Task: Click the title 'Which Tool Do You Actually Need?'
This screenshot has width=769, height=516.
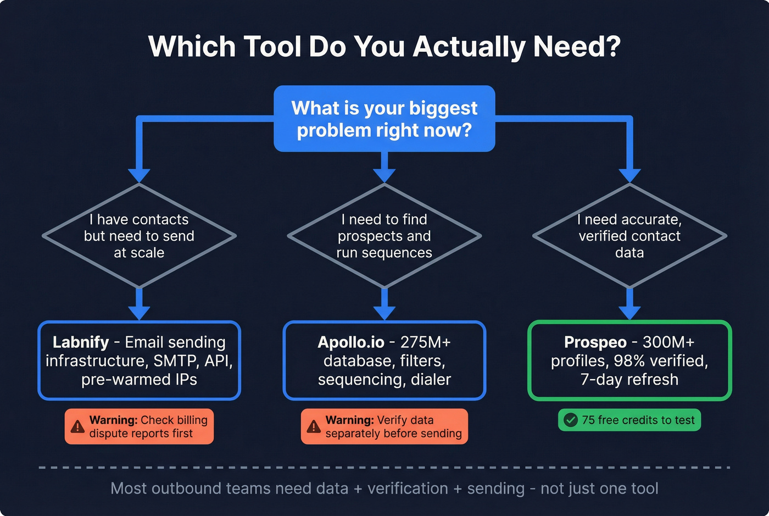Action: point(384,47)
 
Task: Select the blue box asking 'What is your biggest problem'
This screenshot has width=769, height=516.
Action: point(384,119)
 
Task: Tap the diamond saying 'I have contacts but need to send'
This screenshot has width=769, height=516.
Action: point(139,236)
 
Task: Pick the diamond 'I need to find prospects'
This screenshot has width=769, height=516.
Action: point(384,236)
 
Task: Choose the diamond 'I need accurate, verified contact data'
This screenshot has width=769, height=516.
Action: point(629,236)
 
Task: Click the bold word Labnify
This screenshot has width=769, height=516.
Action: point(81,342)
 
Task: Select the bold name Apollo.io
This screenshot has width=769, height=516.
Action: point(351,342)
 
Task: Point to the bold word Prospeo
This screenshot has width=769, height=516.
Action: point(595,342)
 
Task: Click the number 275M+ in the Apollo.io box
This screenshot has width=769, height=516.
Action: point(426,342)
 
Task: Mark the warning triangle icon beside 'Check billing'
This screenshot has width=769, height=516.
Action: point(78,426)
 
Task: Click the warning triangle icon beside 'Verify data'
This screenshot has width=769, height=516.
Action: point(314,426)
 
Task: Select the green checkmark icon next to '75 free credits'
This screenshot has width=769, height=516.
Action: point(571,420)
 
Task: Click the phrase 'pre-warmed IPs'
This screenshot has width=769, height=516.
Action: point(139,380)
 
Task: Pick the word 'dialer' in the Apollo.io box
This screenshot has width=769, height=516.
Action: point(431,380)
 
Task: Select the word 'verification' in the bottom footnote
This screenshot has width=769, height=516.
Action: point(408,489)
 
